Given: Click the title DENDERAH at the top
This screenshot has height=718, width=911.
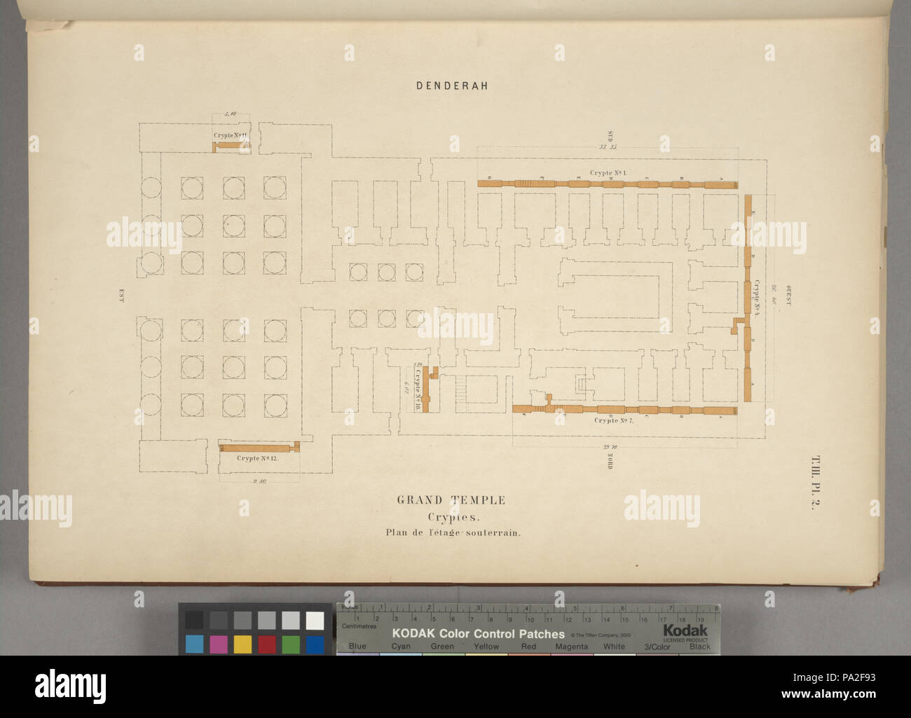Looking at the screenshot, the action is tap(452, 86).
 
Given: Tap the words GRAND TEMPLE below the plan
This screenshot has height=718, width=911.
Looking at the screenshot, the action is tap(451, 500).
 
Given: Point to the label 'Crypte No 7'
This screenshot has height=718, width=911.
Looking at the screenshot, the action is tap(614, 420).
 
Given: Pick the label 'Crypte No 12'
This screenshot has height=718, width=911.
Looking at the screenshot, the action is tap(257, 457).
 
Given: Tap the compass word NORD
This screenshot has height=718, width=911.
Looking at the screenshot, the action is tap(610, 460).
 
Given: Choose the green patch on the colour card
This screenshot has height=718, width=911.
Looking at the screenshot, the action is tap(291, 643).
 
